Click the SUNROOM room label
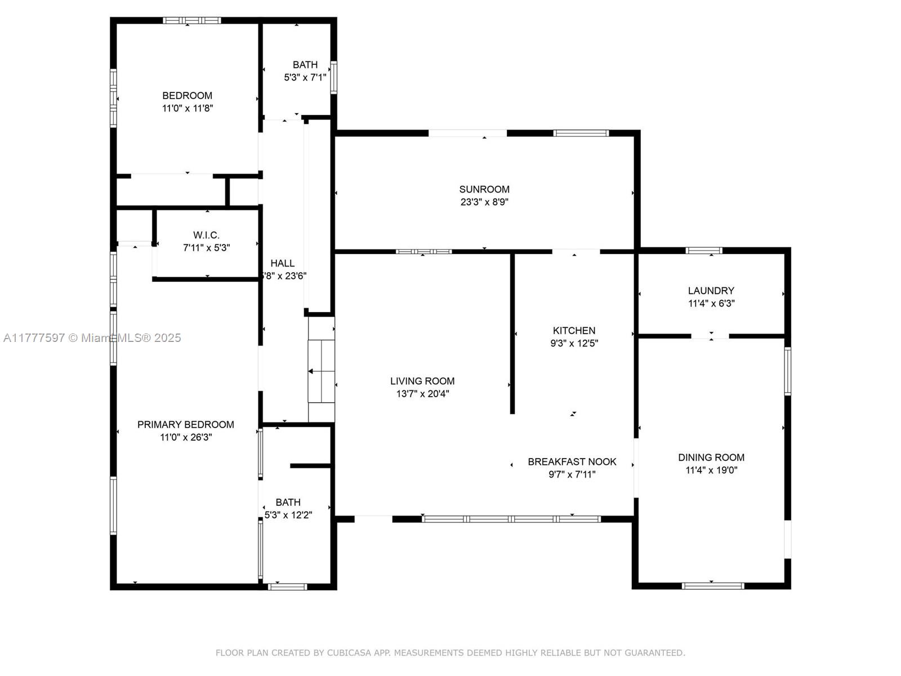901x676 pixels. click(484, 189)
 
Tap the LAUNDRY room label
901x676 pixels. click(711, 291)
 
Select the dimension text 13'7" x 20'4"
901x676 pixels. click(422, 394)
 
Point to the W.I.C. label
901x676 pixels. click(206, 235)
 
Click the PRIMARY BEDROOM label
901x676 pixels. click(185, 424)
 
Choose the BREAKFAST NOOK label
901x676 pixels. click(572, 462)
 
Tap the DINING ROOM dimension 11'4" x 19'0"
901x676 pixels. click(711, 470)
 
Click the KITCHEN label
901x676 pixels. click(574, 331)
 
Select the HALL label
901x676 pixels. click(283, 263)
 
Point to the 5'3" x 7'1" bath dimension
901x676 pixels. click(305, 77)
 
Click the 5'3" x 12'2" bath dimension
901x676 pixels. click(288, 515)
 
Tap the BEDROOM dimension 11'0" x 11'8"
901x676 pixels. click(188, 108)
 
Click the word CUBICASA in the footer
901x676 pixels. click(349, 652)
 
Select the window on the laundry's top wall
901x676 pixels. click(703, 250)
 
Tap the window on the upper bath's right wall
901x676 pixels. click(334, 78)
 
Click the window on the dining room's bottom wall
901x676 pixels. click(712, 586)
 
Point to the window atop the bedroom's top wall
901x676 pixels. click(191, 20)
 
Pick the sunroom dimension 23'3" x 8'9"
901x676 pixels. click(484, 202)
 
